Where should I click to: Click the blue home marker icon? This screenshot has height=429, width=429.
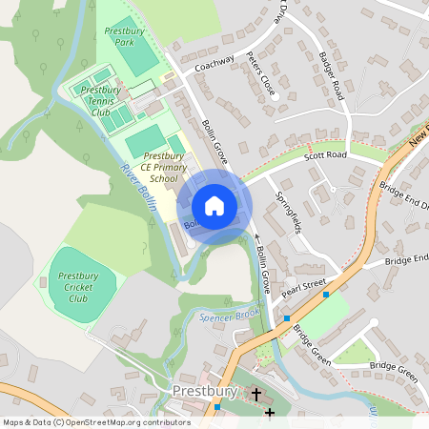pos(214,206)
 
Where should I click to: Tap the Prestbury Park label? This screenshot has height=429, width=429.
pos(124,37)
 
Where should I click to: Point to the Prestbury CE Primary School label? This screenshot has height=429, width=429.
pos(158,166)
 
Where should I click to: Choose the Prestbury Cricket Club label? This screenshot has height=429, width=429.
pos(79,286)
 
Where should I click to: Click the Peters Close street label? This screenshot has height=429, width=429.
pos(260,73)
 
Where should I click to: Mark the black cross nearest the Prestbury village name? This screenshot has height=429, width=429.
pos(255,392)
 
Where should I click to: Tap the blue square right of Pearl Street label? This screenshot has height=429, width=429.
pos(326,295)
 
